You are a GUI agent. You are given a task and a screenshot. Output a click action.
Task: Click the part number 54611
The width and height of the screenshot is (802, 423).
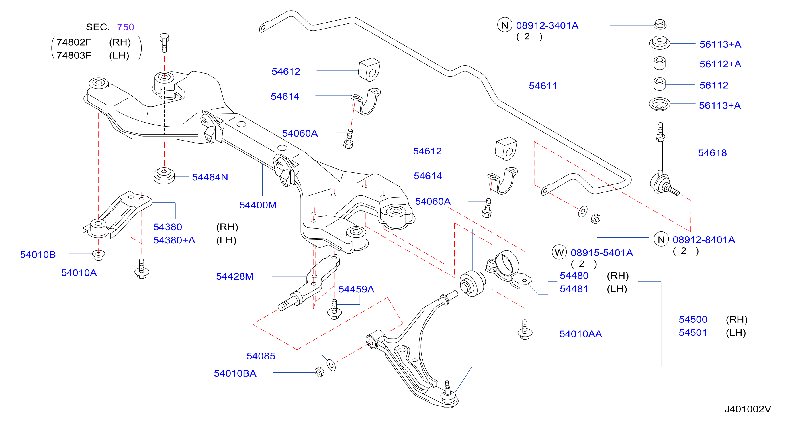[x=543, y=86]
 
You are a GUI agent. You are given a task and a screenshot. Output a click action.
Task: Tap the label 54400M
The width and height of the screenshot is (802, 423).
[x=258, y=205]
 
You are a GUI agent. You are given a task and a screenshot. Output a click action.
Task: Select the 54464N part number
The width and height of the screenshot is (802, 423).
[x=210, y=177]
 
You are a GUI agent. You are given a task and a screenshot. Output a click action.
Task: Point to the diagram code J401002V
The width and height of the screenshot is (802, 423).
[x=748, y=409]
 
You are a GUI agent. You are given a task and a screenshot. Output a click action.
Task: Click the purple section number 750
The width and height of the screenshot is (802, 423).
[x=126, y=27]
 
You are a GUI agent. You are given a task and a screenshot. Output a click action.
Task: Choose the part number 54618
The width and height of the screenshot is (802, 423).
[x=712, y=153]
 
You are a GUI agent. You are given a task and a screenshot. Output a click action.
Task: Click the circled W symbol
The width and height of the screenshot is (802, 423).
[x=559, y=252]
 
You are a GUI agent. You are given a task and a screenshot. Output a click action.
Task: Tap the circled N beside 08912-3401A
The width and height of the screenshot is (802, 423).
[x=505, y=25]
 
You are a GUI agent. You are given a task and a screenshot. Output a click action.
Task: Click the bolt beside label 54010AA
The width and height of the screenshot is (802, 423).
[x=525, y=330]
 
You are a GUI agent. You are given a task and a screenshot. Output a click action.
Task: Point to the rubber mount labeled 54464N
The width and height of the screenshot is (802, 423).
[x=164, y=176]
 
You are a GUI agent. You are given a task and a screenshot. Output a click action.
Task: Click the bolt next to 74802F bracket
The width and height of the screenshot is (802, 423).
[x=164, y=43]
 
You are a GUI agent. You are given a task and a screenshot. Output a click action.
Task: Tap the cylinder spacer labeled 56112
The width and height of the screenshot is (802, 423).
[x=659, y=84]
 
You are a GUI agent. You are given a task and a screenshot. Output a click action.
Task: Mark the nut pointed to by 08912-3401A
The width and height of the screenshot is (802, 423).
[x=660, y=24]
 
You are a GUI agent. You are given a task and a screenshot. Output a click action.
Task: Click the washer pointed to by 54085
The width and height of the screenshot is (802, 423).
[x=331, y=365]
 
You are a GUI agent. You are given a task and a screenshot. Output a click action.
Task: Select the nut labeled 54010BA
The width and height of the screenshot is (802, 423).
[x=320, y=372]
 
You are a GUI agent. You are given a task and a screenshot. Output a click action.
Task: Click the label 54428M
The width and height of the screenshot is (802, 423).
[x=235, y=276]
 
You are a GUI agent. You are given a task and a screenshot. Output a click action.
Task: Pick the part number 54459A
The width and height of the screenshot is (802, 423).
[x=356, y=289]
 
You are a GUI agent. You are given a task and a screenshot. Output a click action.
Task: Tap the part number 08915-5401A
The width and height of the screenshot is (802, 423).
[x=601, y=253]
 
